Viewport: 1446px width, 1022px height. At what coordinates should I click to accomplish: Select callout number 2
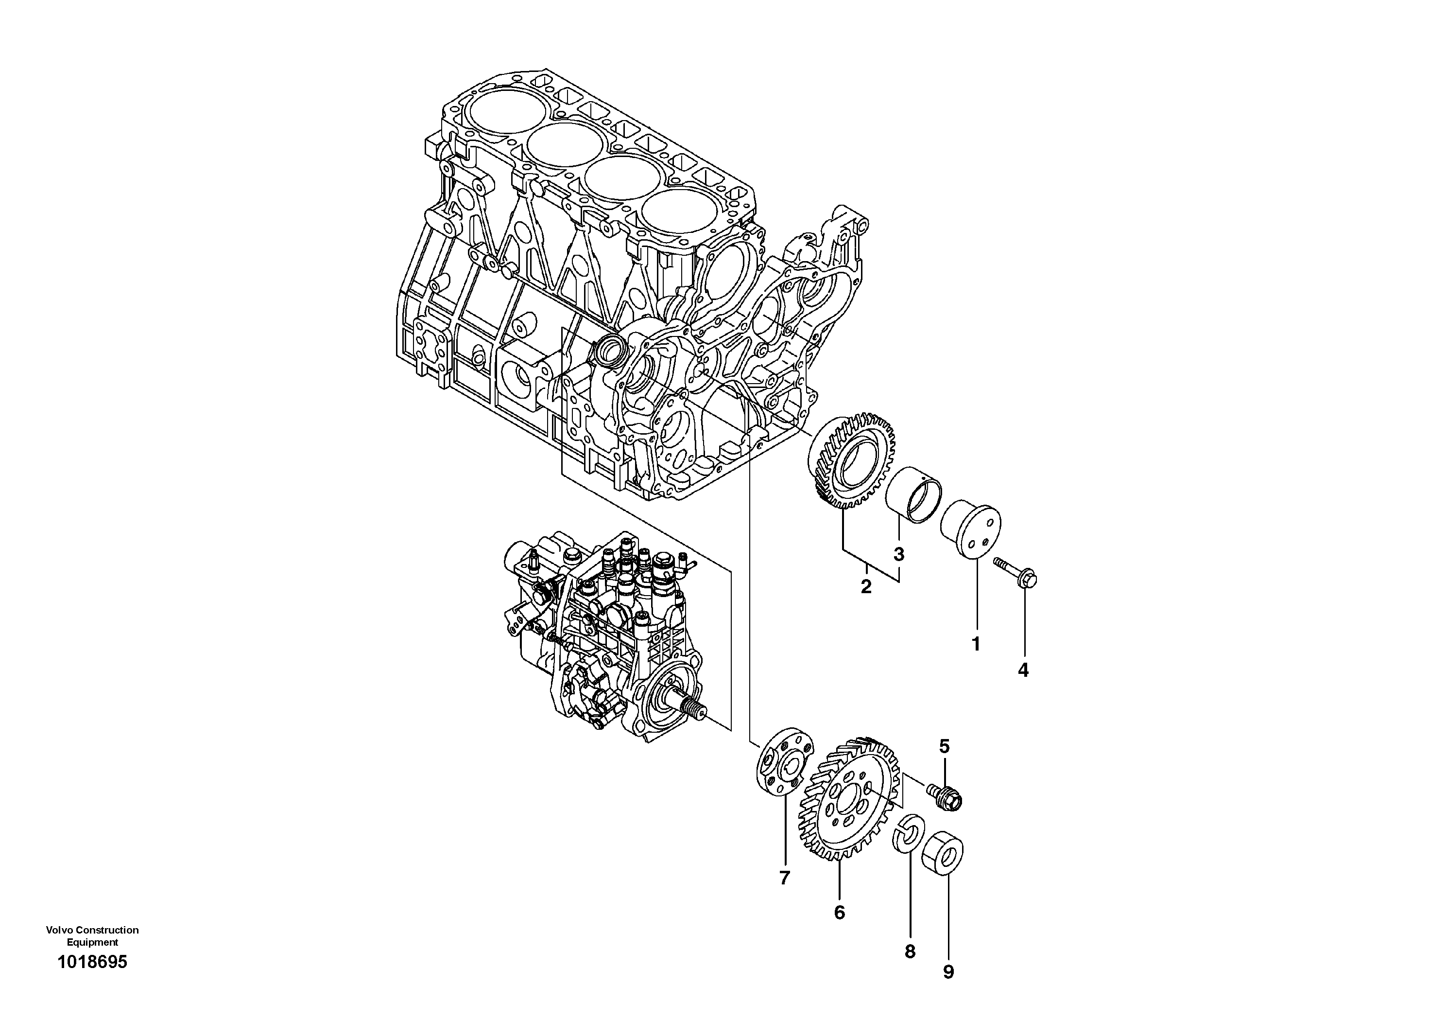[866, 587]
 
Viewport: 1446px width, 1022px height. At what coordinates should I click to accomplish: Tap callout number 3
[899, 554]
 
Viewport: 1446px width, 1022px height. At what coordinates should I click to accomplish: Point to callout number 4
[1023, 670]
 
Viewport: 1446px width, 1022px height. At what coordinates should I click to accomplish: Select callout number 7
[784, 878]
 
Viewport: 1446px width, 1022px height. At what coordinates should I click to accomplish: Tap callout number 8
[910, 952]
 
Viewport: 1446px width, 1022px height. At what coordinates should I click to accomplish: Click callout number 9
[948, 971]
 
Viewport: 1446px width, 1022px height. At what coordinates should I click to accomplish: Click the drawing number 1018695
[92, 980]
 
